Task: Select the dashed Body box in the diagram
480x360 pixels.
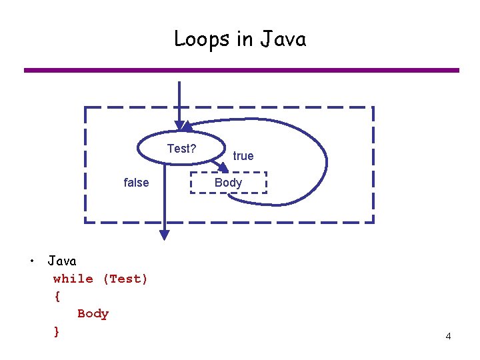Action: [228, 182]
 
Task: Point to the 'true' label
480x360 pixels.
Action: [243, 156]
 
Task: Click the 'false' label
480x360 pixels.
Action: [137, 183]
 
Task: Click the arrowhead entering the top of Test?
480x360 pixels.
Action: [179, 125]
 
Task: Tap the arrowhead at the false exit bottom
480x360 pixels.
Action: [164, 235]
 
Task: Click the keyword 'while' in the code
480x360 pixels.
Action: [73, 279]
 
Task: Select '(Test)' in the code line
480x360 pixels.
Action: [125, 279]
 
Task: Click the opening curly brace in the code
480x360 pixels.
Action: [57, 296]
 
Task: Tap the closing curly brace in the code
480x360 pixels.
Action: [57, 331]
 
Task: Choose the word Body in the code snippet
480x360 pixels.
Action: [93, 313]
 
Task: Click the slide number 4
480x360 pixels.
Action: [448, 337]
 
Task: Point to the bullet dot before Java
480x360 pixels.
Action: [31, 261]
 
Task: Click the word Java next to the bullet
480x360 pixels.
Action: [62, 261]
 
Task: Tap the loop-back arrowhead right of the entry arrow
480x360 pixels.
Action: [189, 125]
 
